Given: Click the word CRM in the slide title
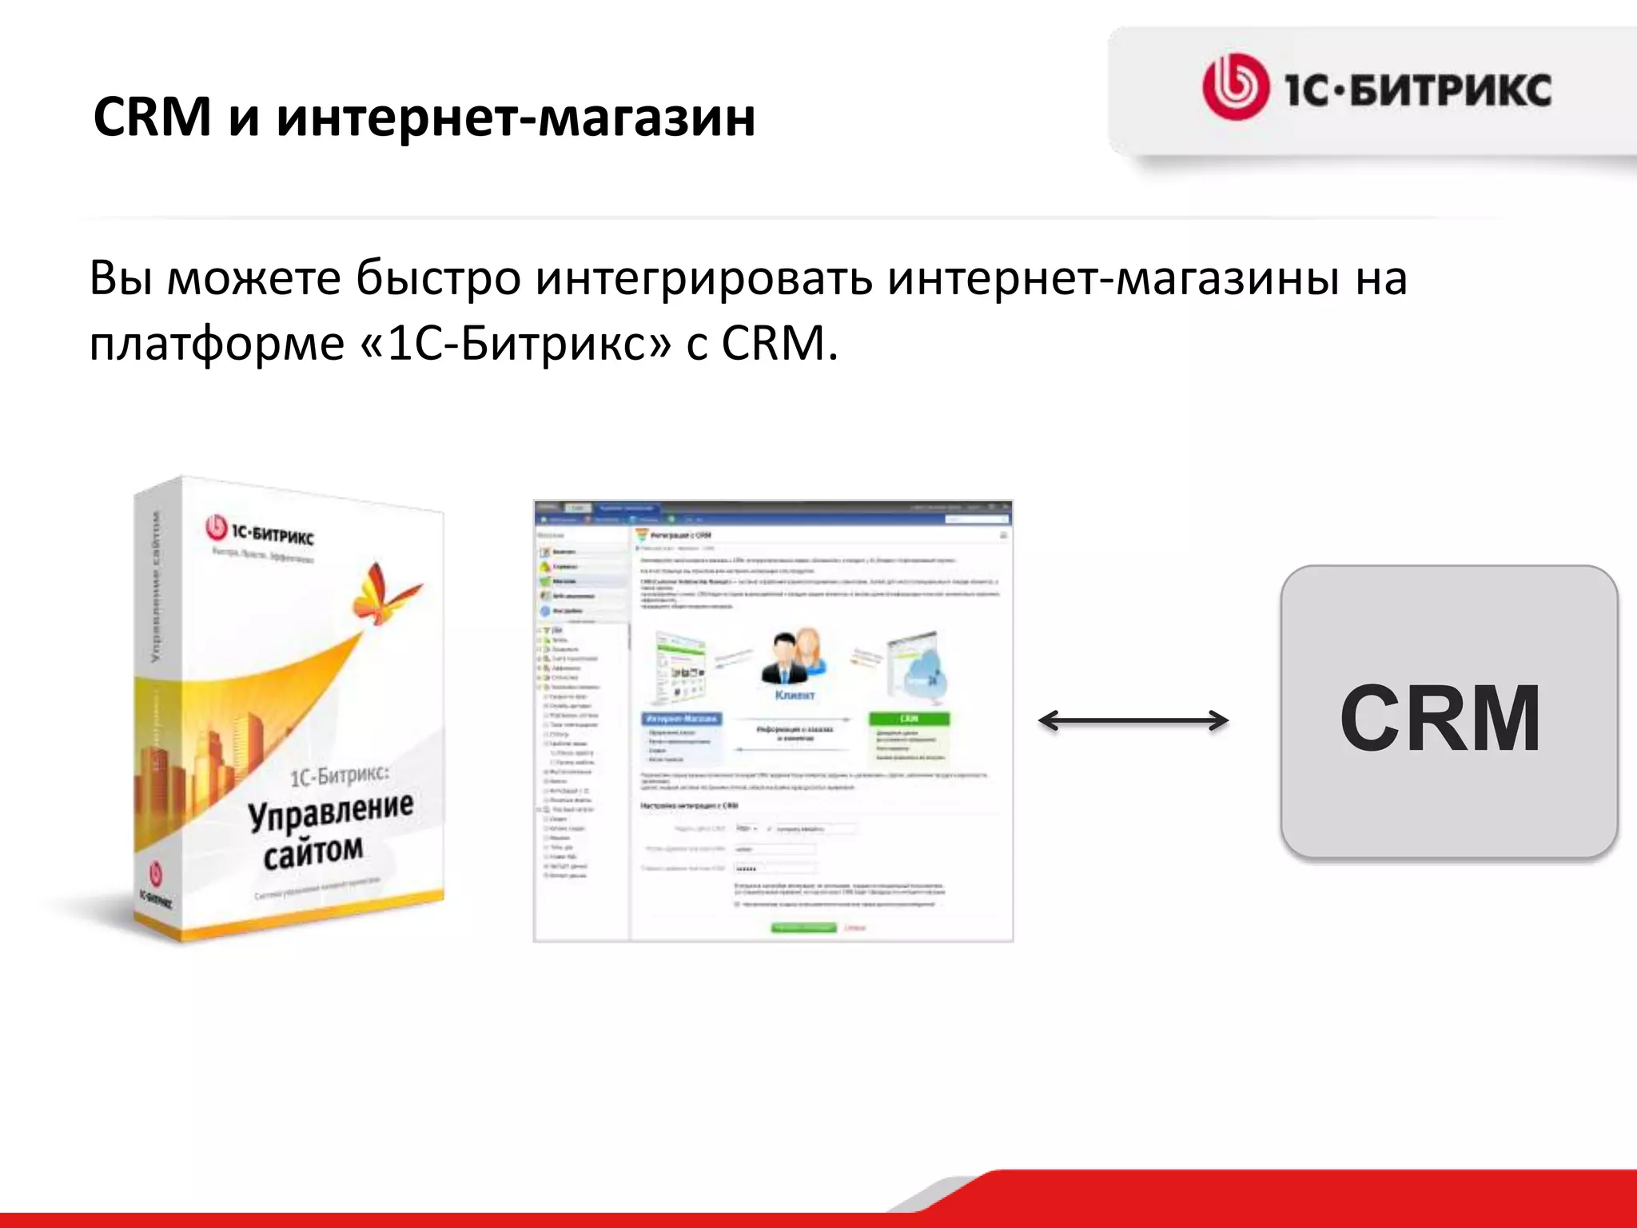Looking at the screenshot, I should [x=152, y=118].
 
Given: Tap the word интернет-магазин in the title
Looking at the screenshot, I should [x=516, y=118].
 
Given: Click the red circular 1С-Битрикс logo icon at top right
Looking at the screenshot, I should [x=1235, y=86].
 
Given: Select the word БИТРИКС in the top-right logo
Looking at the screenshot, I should [x=1450, y=90].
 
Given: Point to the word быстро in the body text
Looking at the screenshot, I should [x=438, y=278].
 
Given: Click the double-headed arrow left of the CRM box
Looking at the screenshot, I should [x=1133, y=721].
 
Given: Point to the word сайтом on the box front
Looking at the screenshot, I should [x=313, y=851].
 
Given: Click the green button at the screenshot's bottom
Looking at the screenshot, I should [x=803, y=927].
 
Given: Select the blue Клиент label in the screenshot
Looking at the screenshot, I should [x=795, y=696].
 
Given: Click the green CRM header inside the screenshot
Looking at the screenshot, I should [x=909, y=719].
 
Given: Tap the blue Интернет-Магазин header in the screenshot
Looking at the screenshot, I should [x=682, y=719].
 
